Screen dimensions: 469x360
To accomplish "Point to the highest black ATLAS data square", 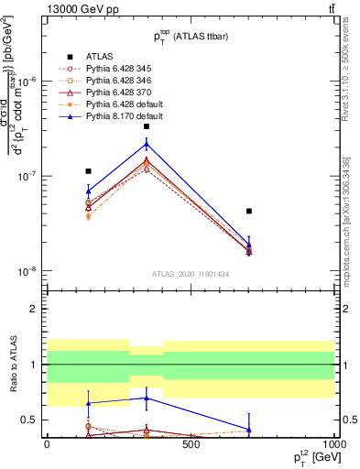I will (147, 126).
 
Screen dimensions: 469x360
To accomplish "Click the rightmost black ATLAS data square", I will (248, 211).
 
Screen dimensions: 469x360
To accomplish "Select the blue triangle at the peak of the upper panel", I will (147, 144).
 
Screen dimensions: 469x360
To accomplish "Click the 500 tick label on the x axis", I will (191, 445).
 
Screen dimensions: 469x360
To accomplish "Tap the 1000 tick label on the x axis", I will (333, 445).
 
